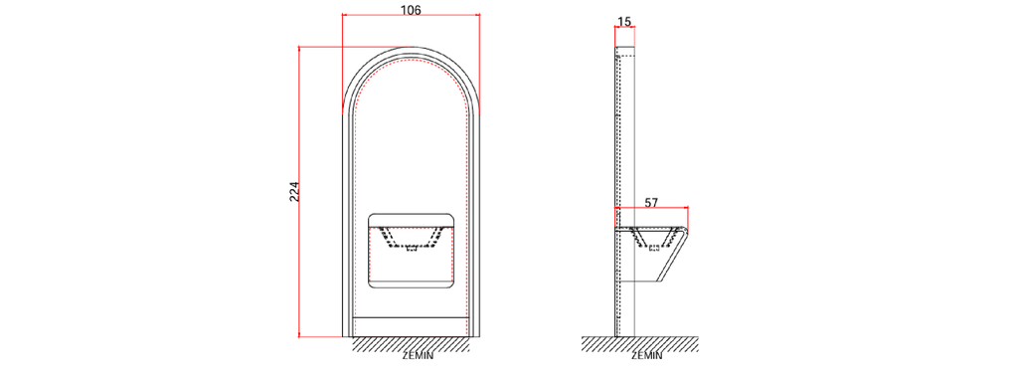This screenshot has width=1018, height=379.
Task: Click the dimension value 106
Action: (411, 10)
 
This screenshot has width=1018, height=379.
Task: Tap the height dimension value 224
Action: (294, 192)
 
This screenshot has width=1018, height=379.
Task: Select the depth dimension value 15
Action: (624, 22)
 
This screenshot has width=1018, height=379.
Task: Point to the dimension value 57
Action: (652, 202)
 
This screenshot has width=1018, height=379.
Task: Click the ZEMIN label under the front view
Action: (419, 356)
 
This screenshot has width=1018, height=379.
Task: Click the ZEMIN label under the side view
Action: (646, 356)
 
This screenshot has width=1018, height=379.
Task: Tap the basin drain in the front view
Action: (411, 248)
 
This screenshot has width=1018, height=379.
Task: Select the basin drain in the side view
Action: (654, 248)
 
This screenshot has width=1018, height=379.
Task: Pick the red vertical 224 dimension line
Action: (299, 192)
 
